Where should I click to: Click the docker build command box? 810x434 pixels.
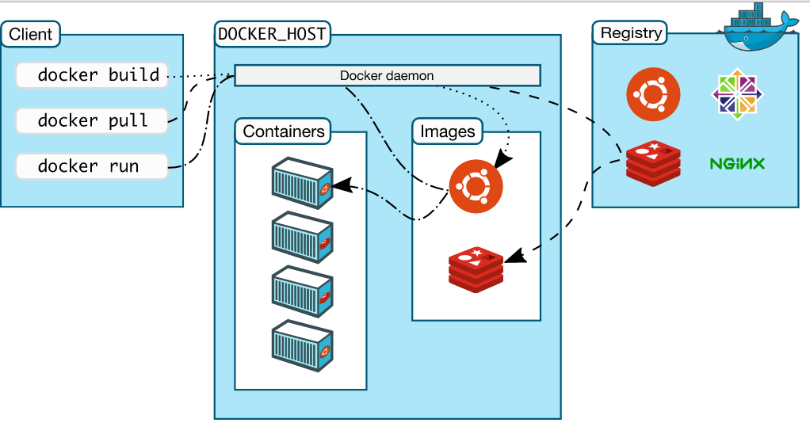point(92,75)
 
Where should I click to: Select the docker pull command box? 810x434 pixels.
point(92,120)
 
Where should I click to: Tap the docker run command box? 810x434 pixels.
point(92,166)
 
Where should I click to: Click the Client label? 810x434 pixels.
point(31,34)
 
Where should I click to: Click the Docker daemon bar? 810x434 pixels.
point(387,76)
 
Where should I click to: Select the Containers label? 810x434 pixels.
point(284,131)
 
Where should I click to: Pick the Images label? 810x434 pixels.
point(448,131)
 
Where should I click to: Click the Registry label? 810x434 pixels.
point(631,33)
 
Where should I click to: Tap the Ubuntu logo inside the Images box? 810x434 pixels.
point(476,186)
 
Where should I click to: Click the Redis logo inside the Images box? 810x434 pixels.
point(476,268)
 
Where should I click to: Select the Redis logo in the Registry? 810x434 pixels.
point(653,163)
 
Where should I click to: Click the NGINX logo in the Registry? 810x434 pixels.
point(737,164)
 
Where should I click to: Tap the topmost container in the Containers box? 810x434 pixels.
point(301,182)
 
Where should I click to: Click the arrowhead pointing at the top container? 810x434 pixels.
point(342,187)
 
